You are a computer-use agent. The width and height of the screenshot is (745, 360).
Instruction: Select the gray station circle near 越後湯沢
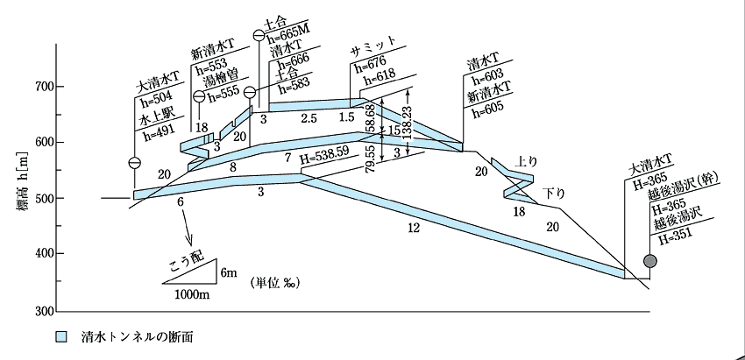pyautogui.click(x=650, y=261)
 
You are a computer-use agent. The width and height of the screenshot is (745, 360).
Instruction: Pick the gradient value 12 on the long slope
pyautogui.click(x=414, y=228)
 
